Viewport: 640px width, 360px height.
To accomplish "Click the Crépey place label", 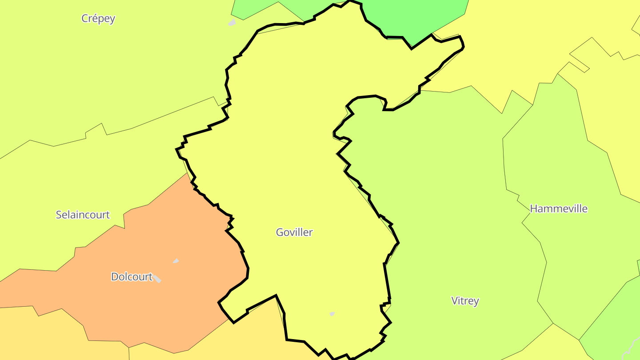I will (98, 19).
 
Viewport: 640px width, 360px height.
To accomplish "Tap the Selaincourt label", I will (83, 215).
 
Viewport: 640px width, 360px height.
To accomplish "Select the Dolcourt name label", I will (132, 277).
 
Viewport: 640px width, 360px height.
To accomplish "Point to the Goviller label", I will (294, 232).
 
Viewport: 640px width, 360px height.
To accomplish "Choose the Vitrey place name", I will (465, 301).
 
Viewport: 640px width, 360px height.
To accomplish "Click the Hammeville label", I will (559, 208).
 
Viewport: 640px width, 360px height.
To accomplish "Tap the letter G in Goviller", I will (280, 232).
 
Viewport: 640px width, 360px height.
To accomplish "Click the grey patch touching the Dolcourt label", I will (157, 279).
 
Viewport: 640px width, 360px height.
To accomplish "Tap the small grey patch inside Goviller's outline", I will (332, 314).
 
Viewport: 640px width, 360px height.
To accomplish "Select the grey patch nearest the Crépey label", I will (232, 22).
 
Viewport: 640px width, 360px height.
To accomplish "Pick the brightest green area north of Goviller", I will (418, 18).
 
